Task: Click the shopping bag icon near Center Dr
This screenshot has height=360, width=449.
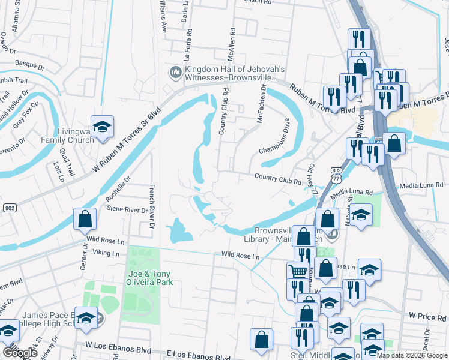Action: click(85, 219)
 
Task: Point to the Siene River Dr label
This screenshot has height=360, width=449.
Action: click(127, 210)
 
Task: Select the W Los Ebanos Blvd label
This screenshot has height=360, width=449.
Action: click(118, 346)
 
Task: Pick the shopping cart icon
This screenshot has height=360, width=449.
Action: click(297, 271)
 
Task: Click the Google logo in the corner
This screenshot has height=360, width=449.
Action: click(20, 353)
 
